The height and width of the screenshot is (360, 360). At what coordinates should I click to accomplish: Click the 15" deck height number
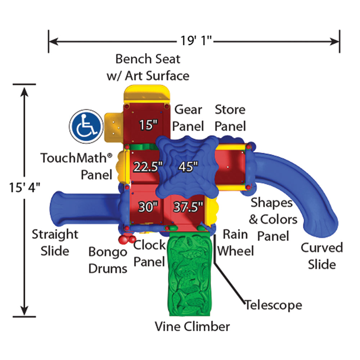click(x=149, y=125)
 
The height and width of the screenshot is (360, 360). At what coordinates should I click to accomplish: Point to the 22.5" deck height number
click(x=148, y=167)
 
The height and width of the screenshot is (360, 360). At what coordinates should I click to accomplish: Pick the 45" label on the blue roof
click(x=188, y=167)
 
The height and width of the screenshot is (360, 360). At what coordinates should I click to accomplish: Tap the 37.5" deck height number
click(x=188, y=207)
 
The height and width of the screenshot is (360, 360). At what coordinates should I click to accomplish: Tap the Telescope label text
click(x=274, y=305)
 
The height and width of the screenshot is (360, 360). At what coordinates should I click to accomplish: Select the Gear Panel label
click(x=189, y=118)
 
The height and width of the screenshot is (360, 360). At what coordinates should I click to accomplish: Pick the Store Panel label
click(x=230, y=118)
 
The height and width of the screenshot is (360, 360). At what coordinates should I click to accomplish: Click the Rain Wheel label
click(x=235, y=242)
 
